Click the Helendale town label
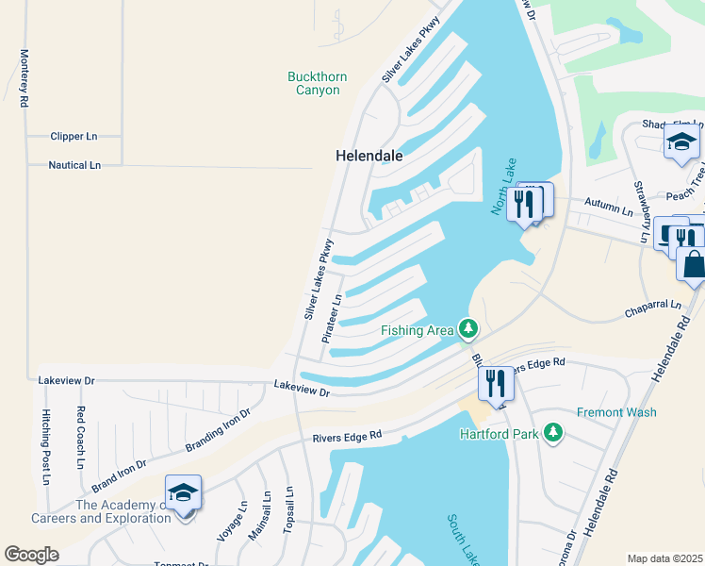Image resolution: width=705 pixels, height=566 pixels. (x=369, y=156)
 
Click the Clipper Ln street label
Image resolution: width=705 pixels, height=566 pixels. (x=74, y=136)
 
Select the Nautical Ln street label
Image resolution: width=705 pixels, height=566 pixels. (x=74, y=165)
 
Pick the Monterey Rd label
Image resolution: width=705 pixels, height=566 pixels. (x=25, y=78)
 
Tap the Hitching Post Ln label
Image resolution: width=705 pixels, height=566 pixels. (x=45, y=447)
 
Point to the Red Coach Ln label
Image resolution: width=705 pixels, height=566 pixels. (x=81, y=437)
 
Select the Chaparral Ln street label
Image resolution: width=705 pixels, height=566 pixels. (x=652, y=307)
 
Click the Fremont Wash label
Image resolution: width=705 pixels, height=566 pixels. (x=616, y=412)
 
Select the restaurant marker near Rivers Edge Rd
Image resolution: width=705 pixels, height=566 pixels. (x=496, y=384)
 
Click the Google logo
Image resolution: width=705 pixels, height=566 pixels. (x=31, y=555)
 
